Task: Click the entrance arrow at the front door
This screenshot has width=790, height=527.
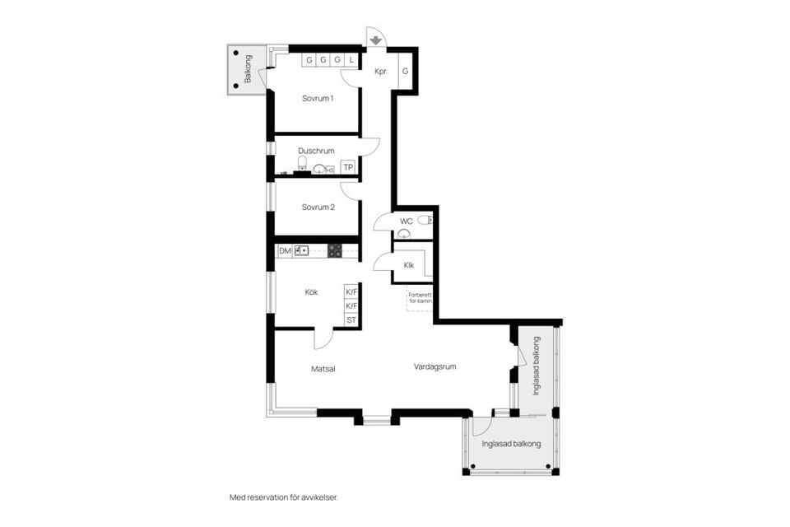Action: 375,40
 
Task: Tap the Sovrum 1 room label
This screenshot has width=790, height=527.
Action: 318,98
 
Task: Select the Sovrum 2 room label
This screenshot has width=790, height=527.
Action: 318,207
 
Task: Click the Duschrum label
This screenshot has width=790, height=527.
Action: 316,151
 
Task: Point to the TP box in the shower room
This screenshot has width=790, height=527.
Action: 348,167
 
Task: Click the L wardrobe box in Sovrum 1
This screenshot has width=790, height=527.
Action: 351,60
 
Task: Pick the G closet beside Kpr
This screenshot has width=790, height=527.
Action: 405,71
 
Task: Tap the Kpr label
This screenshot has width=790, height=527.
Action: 380,72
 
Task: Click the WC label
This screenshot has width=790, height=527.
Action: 406,222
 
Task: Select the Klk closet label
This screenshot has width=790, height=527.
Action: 409,265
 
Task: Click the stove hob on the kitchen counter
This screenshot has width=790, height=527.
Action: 335,250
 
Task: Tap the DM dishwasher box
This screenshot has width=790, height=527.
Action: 285,250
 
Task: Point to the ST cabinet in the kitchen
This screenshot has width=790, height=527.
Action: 351,319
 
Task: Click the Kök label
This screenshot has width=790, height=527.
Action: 311,292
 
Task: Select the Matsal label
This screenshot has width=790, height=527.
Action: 323,369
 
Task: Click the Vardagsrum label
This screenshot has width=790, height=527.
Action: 434,366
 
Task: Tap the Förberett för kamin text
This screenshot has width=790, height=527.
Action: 421,297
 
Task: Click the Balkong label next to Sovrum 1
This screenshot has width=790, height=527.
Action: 248,69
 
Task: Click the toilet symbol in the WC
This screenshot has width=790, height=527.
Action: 425,220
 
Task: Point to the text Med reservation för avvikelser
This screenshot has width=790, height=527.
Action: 284,497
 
